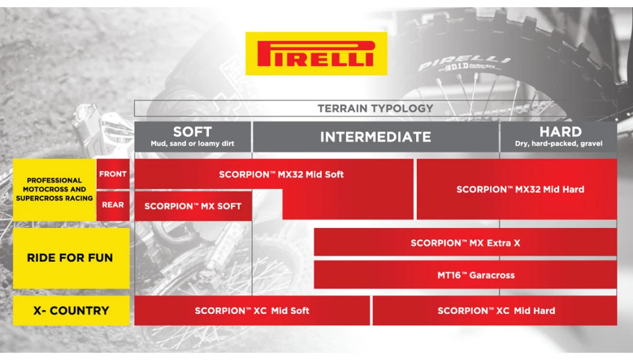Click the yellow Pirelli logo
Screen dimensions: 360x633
(316, 54)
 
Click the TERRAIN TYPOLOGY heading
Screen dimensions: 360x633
(375, 108)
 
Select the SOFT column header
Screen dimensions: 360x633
(192, 132)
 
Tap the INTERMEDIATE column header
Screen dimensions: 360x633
(375, 137)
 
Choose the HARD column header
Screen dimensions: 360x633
(560, 132)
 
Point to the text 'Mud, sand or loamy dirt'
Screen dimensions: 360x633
(192, 144)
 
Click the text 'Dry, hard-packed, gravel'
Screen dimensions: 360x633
(560, 144)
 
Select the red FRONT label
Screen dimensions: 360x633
(113, 174)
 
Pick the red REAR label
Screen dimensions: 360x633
(113, 205)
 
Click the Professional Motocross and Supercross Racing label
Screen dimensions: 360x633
(55, 189)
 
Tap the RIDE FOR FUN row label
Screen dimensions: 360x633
(70, 258)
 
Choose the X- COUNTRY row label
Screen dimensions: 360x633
(70, 311)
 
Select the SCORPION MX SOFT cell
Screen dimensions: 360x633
(193, 206)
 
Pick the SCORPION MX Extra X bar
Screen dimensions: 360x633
(465, 243)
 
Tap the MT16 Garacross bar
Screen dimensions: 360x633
(465, 275)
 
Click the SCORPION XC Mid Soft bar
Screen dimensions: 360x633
(252, 311)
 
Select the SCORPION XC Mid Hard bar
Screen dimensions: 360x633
(496, 311)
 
